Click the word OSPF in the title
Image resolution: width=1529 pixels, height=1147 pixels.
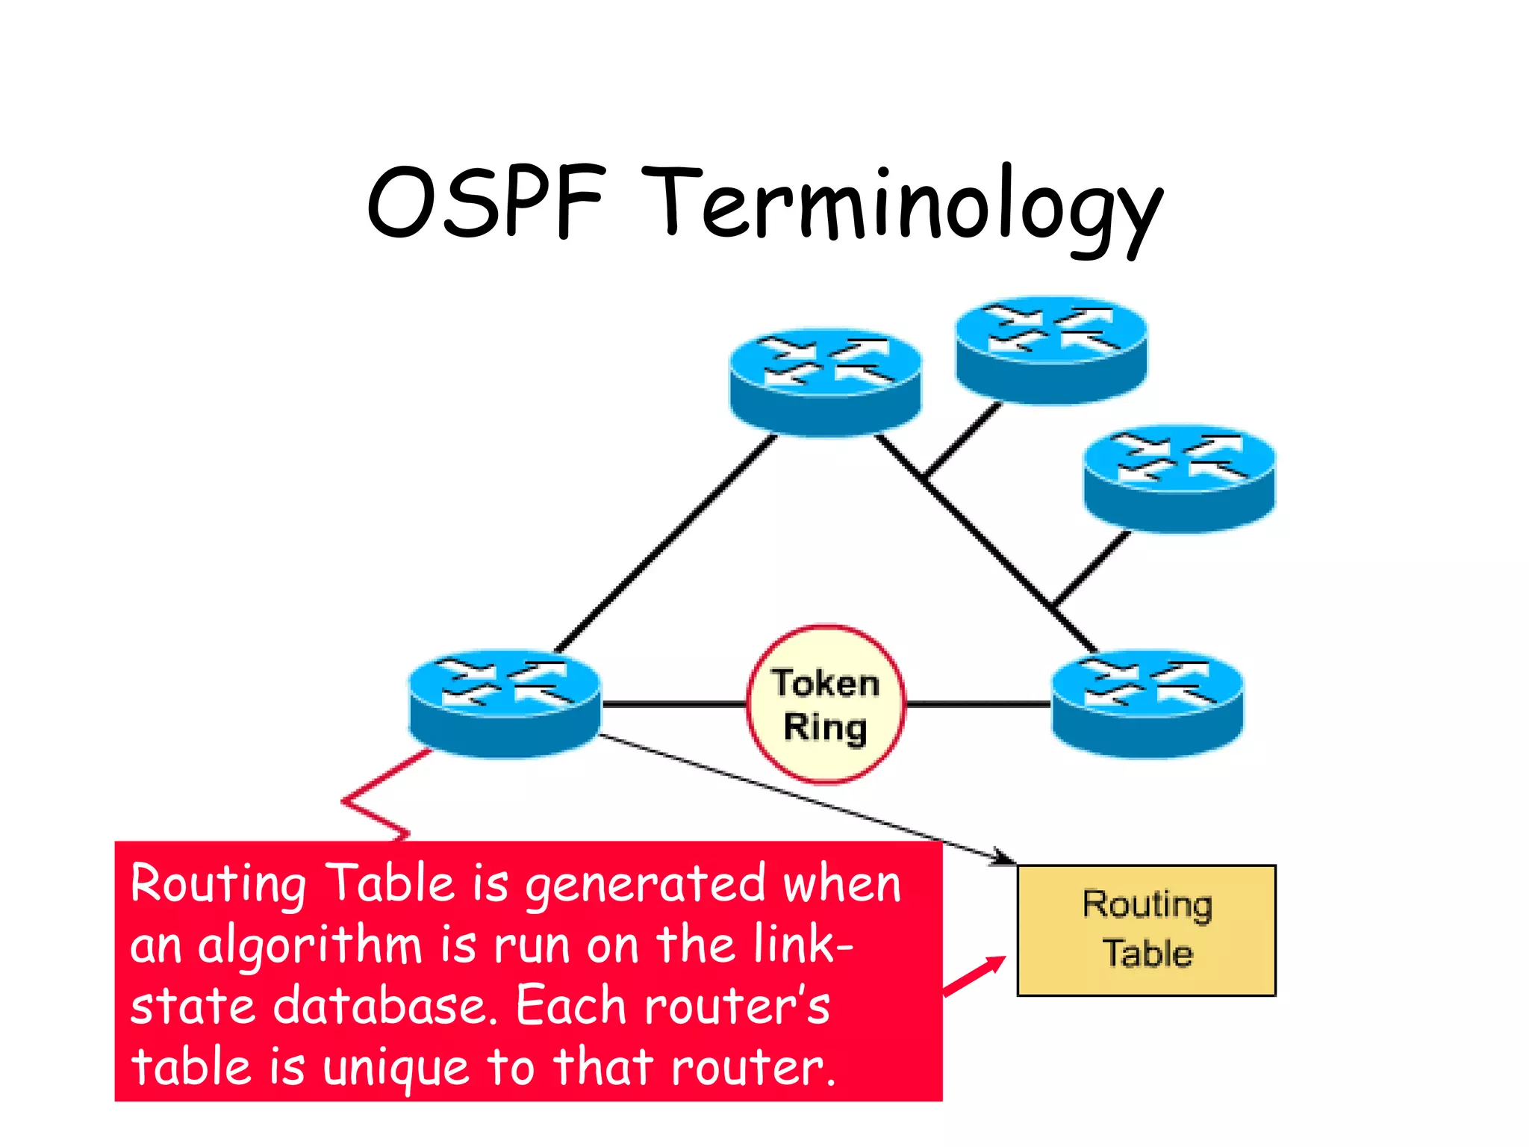(485, 202)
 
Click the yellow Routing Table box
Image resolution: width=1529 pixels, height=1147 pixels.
(1146, 930)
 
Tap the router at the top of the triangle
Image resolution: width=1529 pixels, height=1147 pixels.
(825, 381)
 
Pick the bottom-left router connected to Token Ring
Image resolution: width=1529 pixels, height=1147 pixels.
(505, 703)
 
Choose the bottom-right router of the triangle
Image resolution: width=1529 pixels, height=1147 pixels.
(1147, 703)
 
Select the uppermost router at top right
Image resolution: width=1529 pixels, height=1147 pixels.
(1051, 349)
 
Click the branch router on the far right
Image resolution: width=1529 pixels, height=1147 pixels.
(1180, 478)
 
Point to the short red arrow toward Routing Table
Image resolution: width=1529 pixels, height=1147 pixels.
(974, 976)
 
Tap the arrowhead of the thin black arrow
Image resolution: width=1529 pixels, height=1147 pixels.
(1004, 859)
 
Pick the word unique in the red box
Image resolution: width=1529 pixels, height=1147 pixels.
(396, 1068)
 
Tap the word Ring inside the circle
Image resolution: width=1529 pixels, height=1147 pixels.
(826, 727)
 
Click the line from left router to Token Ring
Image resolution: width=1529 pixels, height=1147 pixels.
(672, 703)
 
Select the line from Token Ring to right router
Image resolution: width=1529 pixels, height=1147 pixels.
(978, 703)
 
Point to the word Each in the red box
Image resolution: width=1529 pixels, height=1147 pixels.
(571, 1006)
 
